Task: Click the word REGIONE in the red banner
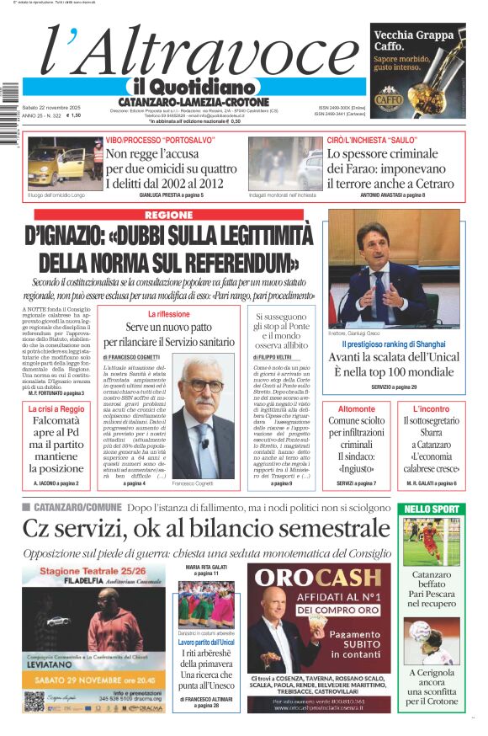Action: point(168,215)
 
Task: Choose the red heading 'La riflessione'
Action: point(168,314)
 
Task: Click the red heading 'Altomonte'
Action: point(357,408)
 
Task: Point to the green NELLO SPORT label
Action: point(432,509)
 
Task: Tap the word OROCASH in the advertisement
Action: point(319,577)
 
